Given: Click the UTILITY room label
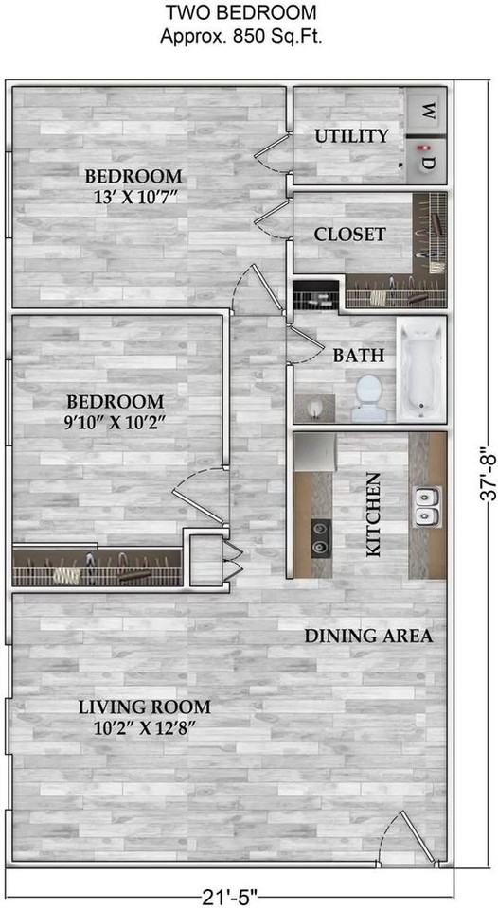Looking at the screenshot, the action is point(351,136).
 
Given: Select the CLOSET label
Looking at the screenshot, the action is point(349,235).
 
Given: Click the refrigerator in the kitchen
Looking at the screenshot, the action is point(315,453).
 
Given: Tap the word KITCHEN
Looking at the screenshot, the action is point(373,515).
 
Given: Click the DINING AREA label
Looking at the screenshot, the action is point(368,636).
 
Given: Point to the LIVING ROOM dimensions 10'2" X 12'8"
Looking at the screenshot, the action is point(144,727).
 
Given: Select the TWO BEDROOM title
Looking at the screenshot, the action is point(241,11).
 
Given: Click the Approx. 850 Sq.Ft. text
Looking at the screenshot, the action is point(241,37).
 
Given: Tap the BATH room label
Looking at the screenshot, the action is point(358,355).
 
